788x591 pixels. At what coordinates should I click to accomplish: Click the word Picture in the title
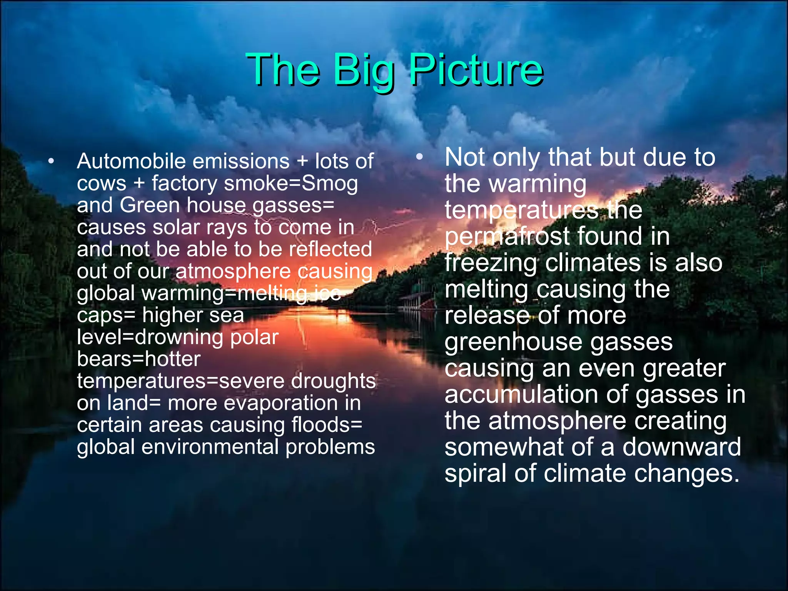click(x=476, y=70)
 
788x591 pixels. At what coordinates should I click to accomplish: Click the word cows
click(x=102, y=184)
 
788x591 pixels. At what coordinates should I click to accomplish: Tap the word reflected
click(x=331, y=249)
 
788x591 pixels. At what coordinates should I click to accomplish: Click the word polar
click(x=254, y=337)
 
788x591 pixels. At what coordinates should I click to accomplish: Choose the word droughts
click(x=333, y=381)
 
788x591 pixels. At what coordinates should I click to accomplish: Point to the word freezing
click(x=491, y=264)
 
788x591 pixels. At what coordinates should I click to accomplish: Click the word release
click(x=487, y=316)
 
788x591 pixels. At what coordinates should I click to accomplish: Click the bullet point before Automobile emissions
click(x=51, y=161)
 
